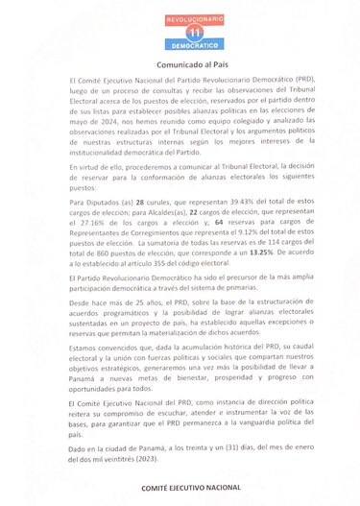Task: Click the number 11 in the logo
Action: point(180,32)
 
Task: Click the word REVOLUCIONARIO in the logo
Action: point(180,19)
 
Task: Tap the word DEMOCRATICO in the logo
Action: point(180,45)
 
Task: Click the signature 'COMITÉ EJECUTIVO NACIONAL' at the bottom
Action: point(180,489)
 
